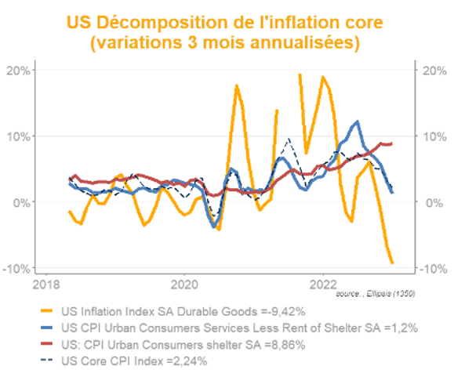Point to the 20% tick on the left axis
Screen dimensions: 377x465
tap(18, 70)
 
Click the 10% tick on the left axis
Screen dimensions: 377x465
tap(18, 136)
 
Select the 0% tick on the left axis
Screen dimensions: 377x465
tap(21, 202)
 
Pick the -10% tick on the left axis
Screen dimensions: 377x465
tap(17, 269)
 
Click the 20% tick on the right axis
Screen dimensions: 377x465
tap(434, 70)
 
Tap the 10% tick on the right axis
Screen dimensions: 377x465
tap(434, 136)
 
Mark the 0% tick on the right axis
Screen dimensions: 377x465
tap(431, 202)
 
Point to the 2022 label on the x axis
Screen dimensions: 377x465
tap(324, 283)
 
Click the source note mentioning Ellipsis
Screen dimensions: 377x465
tap(375, 294)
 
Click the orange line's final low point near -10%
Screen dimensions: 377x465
tap(391, 263)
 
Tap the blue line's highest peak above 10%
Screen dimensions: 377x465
tap(358, 122)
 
